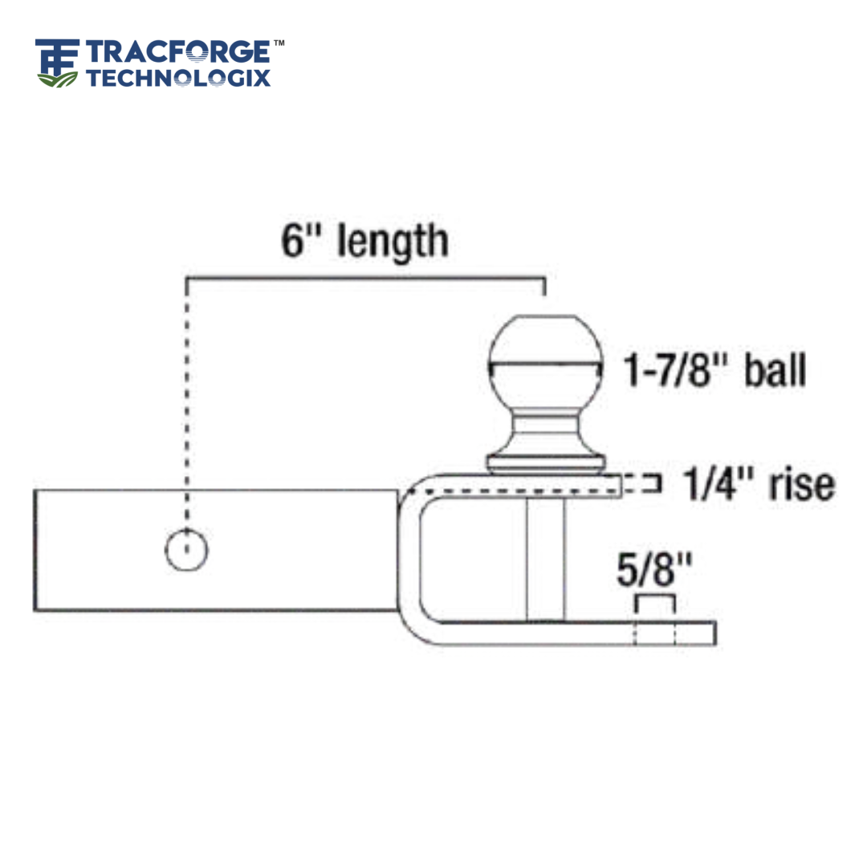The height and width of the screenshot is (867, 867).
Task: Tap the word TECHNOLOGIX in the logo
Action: point(178,78)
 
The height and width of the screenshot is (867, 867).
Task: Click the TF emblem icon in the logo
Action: point(58,58)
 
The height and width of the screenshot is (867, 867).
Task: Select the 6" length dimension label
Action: point(364,241)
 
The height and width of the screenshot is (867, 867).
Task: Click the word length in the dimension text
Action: point(393,242)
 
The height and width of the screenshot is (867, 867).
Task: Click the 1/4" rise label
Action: point(758,484)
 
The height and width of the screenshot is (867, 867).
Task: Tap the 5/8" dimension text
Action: point(654,572)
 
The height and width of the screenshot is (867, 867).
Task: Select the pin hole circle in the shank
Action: point(186,551)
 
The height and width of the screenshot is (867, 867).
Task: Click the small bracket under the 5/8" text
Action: point(655,602)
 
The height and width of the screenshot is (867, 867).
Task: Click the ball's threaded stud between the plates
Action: point(545,558)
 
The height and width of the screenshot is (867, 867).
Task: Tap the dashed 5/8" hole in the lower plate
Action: point(655,633)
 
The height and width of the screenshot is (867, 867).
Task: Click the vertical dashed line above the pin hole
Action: point(187,401)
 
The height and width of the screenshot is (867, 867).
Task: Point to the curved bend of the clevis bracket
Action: point(413,618)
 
